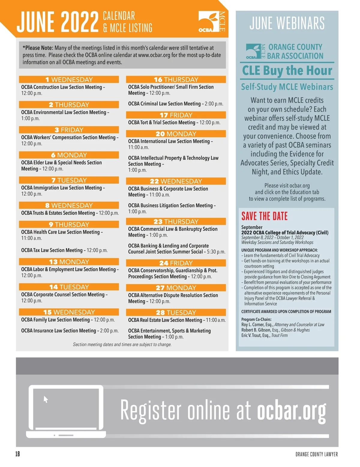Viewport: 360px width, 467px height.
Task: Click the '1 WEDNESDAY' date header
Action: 69,79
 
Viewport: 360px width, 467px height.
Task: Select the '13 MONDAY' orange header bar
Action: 69,262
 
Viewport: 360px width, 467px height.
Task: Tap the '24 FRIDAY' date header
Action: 176,263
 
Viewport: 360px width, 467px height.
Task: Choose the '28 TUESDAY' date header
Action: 176,312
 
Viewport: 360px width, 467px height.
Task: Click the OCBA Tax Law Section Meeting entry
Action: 64,250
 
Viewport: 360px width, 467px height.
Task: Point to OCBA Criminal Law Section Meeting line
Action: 175,104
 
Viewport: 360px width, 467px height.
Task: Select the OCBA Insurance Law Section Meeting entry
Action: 70,331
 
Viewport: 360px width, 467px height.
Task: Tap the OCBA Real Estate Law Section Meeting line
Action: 177,320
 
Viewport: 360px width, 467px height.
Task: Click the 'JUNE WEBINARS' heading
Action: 287,23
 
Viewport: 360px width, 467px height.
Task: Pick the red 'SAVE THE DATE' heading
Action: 264,216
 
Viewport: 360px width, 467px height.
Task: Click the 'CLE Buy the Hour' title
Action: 287,71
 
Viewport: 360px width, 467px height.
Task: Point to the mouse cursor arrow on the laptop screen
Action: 46,399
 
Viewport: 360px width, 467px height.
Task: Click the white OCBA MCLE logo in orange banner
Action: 212,22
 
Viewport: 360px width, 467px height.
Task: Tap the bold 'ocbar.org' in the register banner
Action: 291,411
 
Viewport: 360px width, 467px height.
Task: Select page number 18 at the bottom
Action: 18,454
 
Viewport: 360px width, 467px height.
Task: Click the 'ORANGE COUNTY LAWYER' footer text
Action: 316,454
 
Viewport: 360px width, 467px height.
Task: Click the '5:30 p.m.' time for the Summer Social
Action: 216,252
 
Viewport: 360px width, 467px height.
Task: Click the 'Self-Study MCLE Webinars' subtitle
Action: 287,87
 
